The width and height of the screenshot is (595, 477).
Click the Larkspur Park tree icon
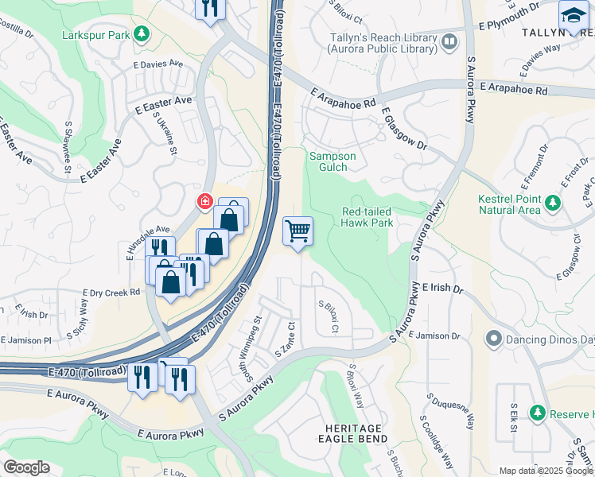(142, 33)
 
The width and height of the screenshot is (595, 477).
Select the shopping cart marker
(297, 231)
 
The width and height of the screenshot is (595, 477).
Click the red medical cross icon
(205, 202)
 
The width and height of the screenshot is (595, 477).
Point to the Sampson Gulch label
(332, 162)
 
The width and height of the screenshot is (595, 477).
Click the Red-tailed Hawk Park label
(367, 217)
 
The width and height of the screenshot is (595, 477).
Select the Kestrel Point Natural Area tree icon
(553, 210)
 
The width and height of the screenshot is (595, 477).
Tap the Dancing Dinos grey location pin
(493, 339)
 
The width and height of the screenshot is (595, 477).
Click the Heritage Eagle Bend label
(353, 433)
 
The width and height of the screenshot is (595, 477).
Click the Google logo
(27, 467)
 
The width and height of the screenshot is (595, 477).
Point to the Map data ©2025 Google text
(546, 471)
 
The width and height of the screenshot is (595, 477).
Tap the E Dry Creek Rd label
(111, 293)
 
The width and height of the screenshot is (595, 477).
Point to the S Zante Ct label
(286, 339)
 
